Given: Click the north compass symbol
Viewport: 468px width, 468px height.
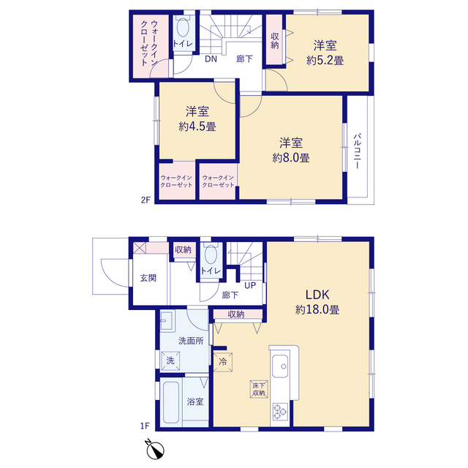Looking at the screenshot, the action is [x=154, y=449].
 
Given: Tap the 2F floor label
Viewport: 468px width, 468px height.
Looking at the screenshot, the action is [x=146, y=200].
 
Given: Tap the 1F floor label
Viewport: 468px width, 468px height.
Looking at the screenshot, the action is [x=145, y=426].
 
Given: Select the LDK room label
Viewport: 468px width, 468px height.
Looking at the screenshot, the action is [x=317, y=295].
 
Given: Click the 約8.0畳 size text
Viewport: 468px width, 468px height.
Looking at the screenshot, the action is [x=291, y=158].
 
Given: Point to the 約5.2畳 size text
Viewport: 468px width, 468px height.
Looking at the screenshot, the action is [x=325, y=61].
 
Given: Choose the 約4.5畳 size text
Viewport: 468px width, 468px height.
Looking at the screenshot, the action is [x=197, y=127].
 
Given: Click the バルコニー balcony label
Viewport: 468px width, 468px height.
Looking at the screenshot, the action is [x=357, y=151].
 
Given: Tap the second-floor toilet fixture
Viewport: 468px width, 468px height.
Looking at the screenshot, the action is [x=183, y=28].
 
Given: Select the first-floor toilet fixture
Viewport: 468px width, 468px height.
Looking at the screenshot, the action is [x=211, y=254].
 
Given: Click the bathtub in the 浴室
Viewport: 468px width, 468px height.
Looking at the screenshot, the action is [x=171, y=402].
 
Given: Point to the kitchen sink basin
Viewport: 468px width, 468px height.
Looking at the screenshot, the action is [x=280, y=366].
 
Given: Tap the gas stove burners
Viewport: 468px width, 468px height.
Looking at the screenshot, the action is [x=280, y=411].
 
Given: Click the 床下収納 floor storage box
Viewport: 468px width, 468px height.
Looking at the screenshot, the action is [x=259, y=389].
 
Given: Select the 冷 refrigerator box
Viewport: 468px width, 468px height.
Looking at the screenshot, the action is [x=223, y=362].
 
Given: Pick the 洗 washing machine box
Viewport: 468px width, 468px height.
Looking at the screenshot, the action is [x=170, y=361].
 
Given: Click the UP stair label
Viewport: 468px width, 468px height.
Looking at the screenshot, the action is [x=250, y=286].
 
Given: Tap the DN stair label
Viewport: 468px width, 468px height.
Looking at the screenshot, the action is [x=211, y=59].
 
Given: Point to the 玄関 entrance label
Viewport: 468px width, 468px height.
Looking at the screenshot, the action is [x=148, y=278].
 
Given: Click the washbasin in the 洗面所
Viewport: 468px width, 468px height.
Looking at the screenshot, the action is [x=167, y=321].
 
